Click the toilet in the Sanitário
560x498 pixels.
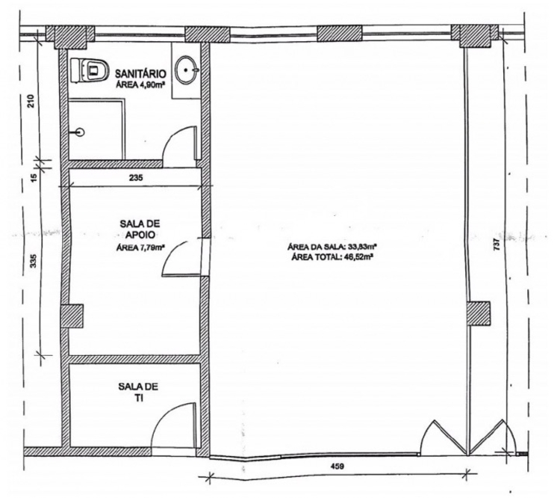[x=90, y=70]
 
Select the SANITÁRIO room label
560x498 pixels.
[x=140, y=74]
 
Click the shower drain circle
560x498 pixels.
[x=81, y=133]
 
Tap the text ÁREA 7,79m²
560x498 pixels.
[x=140, y=248]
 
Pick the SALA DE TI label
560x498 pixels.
[x=138, y=392]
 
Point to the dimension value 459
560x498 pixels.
[x=337, y=467]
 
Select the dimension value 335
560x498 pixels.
[x=33, y=261]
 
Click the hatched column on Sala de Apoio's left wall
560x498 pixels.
[x=72, y=316]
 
